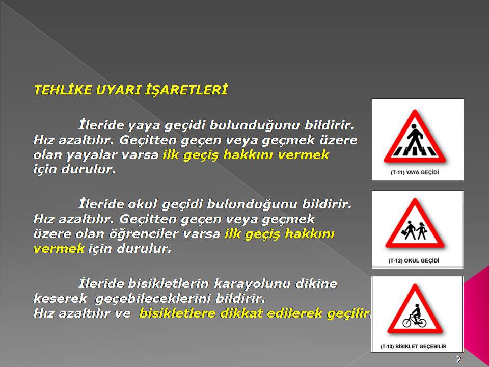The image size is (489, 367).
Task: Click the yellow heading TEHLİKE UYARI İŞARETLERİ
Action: (130, 90)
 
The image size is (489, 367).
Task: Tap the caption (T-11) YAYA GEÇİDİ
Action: (415, 172)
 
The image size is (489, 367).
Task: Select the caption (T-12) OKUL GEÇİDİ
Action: (414, 260)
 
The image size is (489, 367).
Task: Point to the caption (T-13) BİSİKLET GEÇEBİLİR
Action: (413, 346)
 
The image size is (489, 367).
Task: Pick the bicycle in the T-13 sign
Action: (414, 321)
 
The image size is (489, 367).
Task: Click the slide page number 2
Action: (458, 359)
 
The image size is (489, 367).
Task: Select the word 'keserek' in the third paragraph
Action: (60, 299)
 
